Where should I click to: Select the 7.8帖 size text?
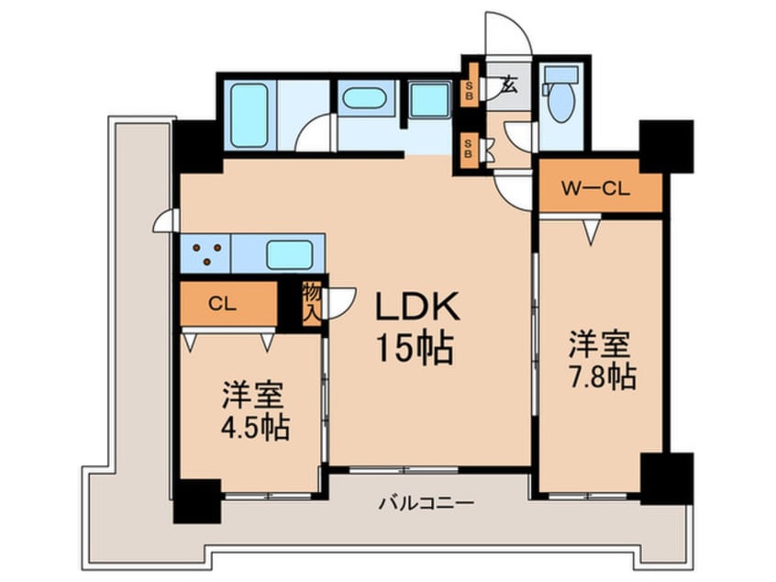(601, 376)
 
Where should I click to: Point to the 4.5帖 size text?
(255, 427)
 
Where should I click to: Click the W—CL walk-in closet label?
(597, 190)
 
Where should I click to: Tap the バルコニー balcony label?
(425, 503)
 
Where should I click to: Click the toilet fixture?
(560, 96)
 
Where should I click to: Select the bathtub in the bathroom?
(249, 115)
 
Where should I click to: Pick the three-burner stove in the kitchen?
(206, 252)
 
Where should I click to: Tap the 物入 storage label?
(311, 304)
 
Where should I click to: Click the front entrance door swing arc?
(510, 32)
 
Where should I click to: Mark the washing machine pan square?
(429, 99)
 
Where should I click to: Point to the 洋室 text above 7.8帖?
(601, 344)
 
